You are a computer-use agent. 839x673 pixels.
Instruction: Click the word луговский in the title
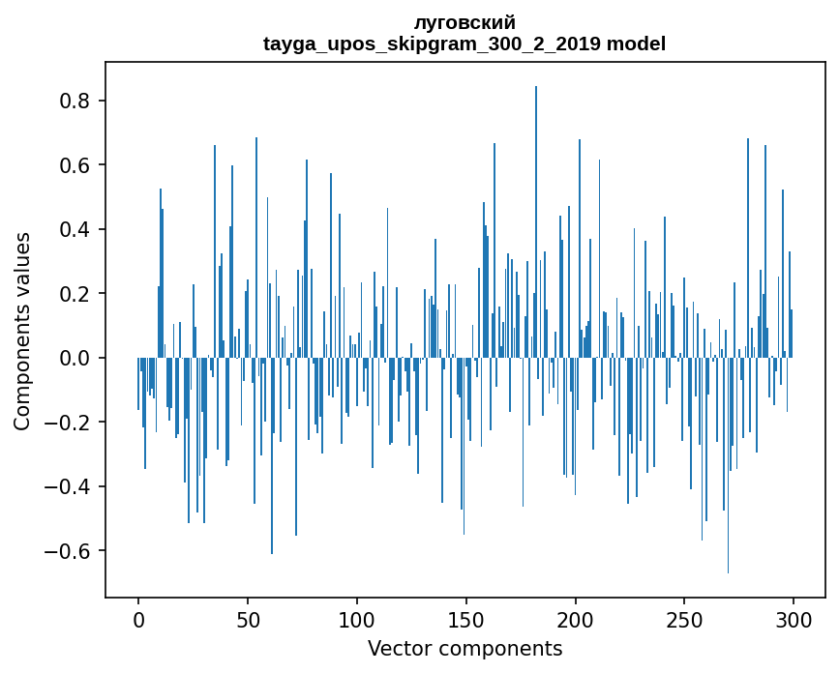(x=464, y=22)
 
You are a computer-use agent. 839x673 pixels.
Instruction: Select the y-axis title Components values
(x=22, y=331)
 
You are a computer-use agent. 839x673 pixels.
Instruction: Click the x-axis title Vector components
(x=464, y=648)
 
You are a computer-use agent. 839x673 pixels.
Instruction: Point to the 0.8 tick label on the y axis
(x=76, y=102)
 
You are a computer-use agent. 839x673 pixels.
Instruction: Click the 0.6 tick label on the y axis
(x=76, y=165)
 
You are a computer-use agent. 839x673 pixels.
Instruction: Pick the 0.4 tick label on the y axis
(x=76, y=230)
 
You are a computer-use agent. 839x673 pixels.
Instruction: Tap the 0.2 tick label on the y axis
(x=76, y=294)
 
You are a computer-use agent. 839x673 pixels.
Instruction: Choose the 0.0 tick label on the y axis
(x=76, y=358)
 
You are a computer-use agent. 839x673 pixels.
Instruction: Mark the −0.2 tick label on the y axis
(x=71, y=423)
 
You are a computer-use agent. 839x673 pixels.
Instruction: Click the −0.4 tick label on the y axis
(x=71, y=486)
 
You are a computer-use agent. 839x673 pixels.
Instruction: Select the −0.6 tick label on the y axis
(x=71, y=551)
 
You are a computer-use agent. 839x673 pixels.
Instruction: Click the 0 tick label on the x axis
(x=138, y=618)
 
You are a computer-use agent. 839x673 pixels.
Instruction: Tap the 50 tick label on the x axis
(x=248, y=618)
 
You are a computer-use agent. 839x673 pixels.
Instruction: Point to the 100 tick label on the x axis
(x=357, y=618)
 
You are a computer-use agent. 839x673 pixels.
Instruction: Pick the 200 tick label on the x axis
(x=575, y=618)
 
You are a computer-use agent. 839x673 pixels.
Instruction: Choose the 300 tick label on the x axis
(x=794, y=618)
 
